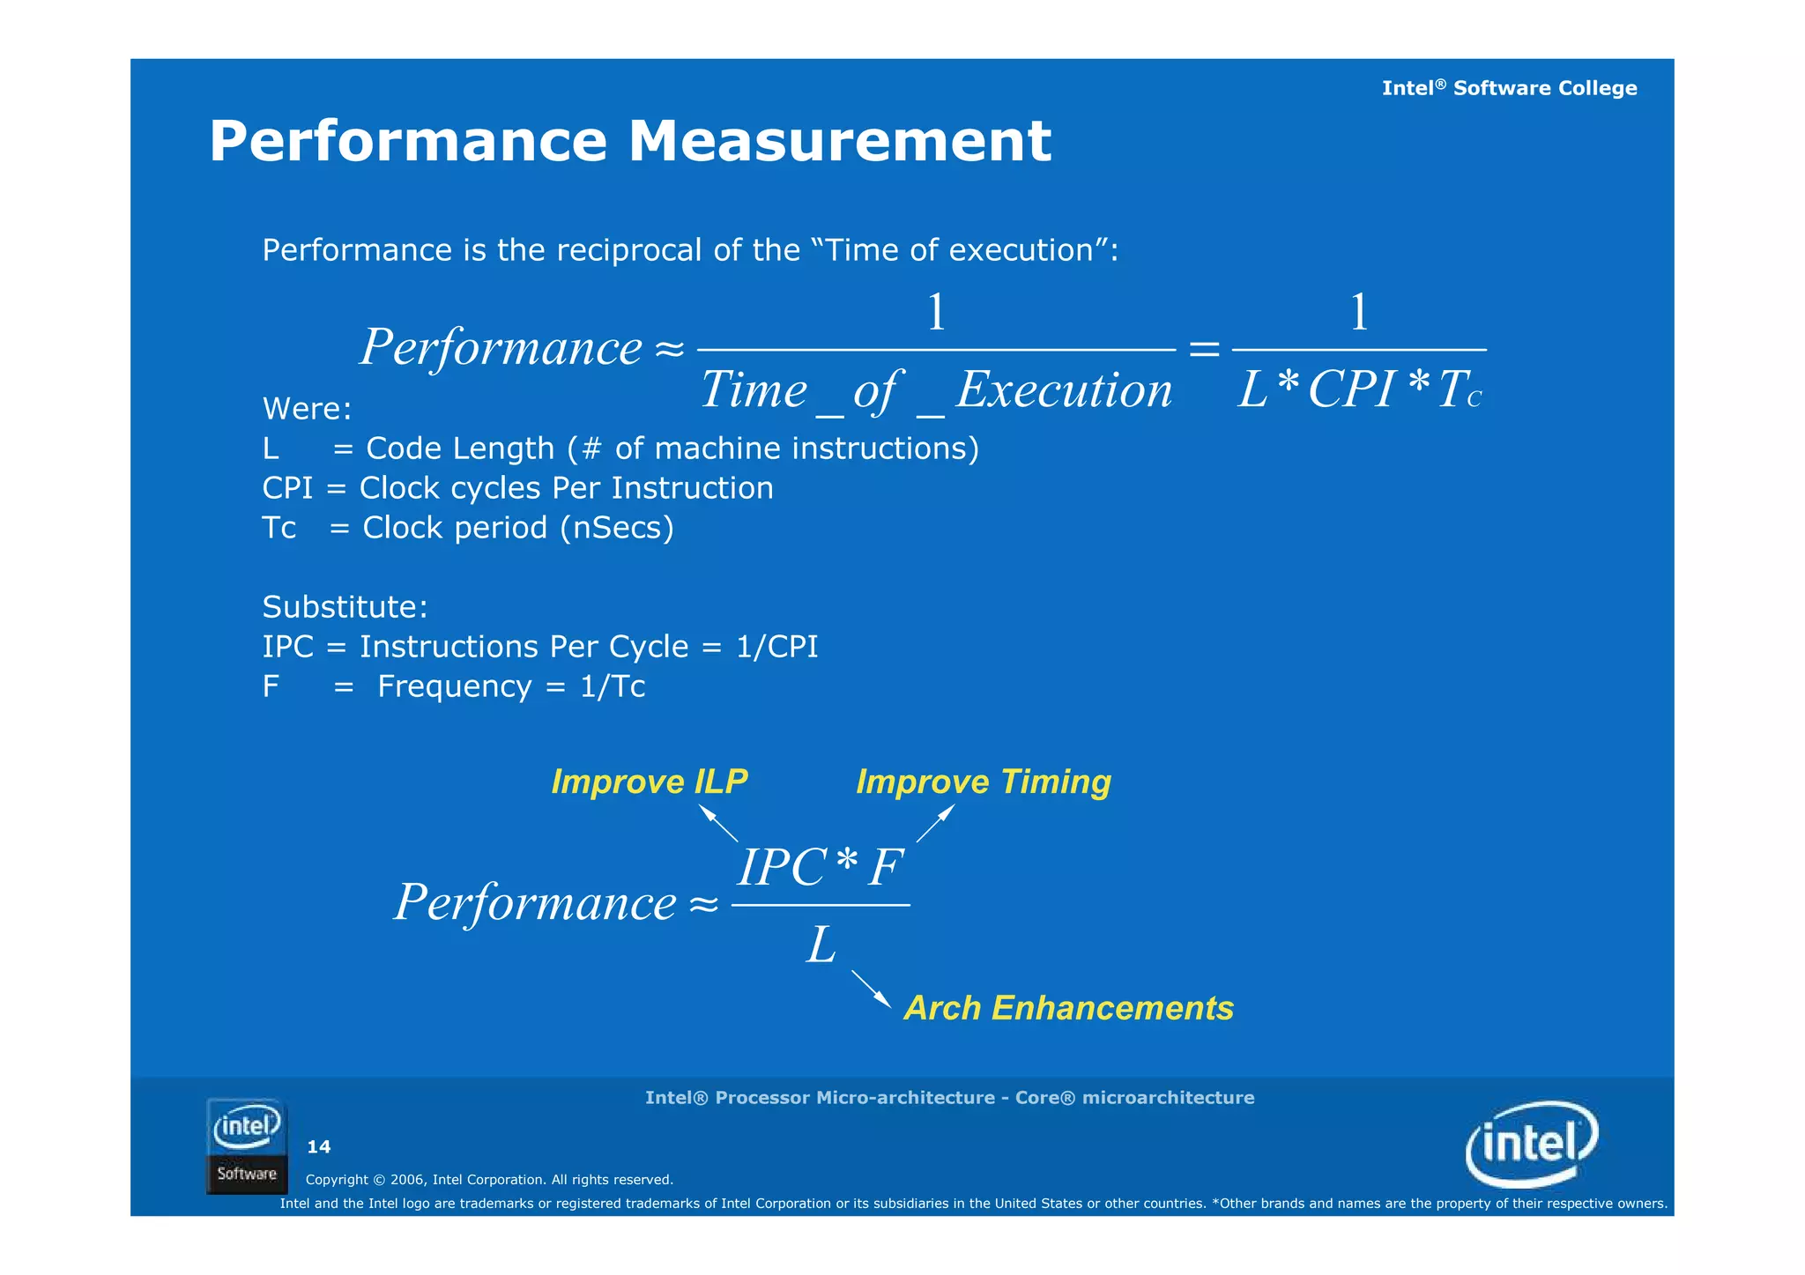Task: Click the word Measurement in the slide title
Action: pyautogui.click(x=840, y=141)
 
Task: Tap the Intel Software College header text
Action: pyautogui.click(x=1509, y=88)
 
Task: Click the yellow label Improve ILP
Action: pyautogui.click(x=649, y=782)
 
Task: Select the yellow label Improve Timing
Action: pyautogui.click(x=984, y=782)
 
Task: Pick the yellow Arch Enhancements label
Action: pyautogui.click(x=1068, y=1008)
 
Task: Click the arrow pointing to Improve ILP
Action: pyautogui.click(x=718, y=824)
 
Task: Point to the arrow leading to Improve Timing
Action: pyautogui.click(x=935, y=824)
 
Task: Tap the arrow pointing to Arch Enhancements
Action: pyautogui.click(x=871, y=989)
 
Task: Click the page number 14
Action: pyautogui.click(x=318, y=1146)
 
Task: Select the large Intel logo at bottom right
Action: pyautogui.click(x=1532, y=1144)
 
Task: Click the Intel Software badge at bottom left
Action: pyautogui.click(x=247, y=1145)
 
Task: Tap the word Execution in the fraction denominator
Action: pyautogui.click(x=1064, y=389)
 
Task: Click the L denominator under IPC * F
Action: pyautogui.click(x=821, y=946)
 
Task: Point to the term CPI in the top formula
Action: pyautogui.click(x=1351, y=389)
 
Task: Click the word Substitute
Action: pyautogui.click(x=344, y=607)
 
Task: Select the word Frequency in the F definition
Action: pyautogui.click(x=454, y=686)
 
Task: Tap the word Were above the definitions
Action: pyautogui.click(x=305, y=409)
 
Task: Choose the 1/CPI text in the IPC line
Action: pyautogui.click(x=776, y=647)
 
